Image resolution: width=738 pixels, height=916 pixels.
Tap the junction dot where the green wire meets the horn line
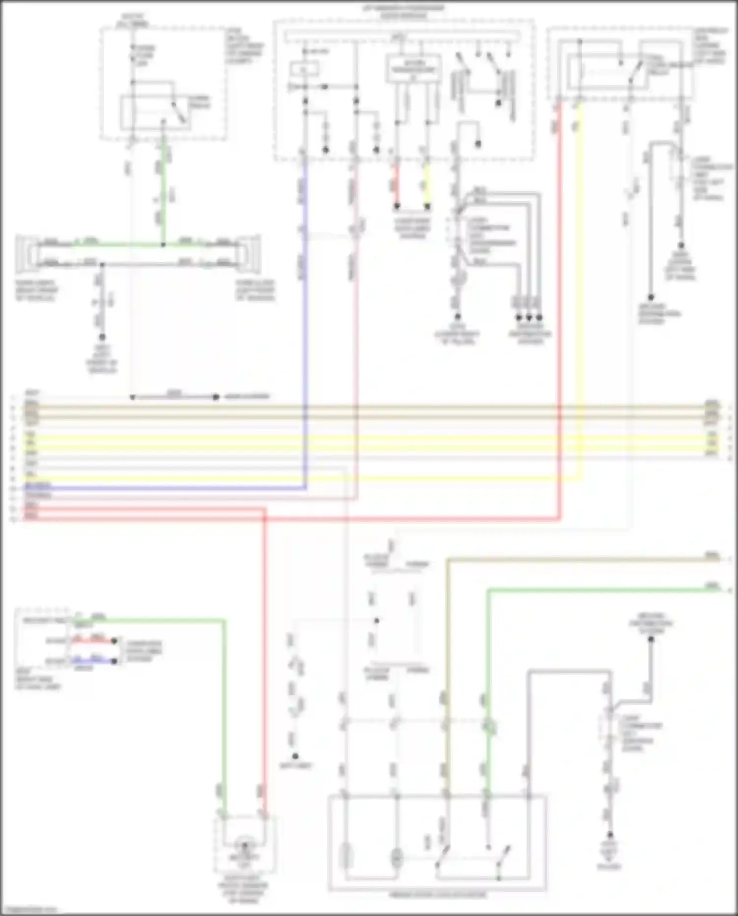[163, 244]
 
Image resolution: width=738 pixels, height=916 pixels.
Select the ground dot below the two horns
[102, 337]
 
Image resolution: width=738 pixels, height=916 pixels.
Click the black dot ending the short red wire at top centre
[397, 207]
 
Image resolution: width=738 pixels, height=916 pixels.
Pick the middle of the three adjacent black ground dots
[529, 317]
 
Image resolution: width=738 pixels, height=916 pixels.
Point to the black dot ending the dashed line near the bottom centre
[295, 756]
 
